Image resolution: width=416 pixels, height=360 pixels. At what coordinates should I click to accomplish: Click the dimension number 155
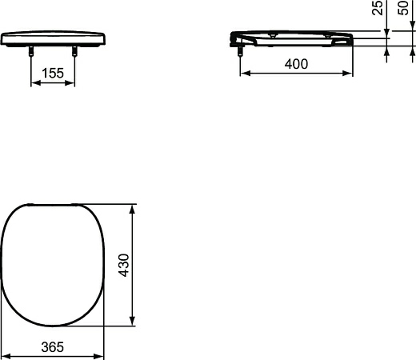click(x=53, y=73)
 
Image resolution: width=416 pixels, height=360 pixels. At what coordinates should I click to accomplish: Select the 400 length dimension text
click(x=295, y=64)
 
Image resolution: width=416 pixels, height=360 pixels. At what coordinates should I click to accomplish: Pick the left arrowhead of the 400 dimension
click(x=244, y=73)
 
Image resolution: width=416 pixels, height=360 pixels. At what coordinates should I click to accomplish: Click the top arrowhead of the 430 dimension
click(x=132, y=206)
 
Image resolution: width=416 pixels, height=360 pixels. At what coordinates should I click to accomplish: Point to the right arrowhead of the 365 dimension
click(x=102, y=354)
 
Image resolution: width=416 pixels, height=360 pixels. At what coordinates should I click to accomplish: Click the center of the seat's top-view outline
click(x=53, y=264)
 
